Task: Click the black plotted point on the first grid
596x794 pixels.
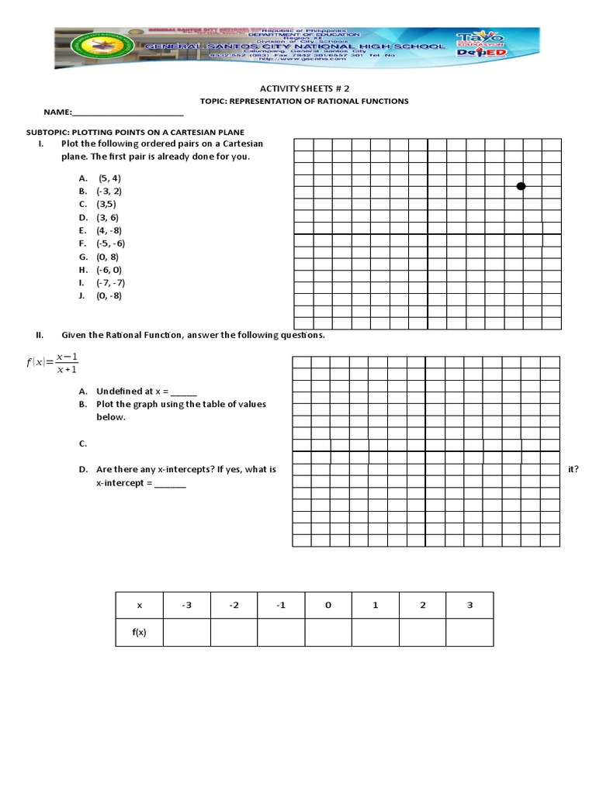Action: click(x=521, y=186)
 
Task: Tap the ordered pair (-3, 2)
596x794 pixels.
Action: click(x=109, y=190)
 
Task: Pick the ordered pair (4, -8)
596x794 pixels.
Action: click(x=109, y=230)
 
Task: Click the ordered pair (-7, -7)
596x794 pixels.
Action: click(x=110, y=282)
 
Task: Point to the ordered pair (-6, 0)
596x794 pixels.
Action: click(x=109, y=269)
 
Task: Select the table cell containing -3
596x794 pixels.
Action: click(x=186, y=606)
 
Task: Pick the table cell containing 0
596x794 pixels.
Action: click(x=328, y=606)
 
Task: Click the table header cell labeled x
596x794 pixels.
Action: click(x=139, y=606)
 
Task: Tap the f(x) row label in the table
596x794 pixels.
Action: click(x=139, y=633)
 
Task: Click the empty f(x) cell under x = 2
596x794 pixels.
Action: click(x=422, y=633)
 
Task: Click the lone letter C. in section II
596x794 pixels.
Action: click(x=82, y=444)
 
